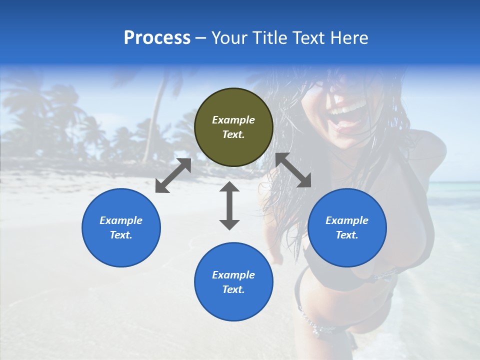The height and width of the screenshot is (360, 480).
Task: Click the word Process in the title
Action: coord(157,38)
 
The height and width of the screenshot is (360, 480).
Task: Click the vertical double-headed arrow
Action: coord(229,205)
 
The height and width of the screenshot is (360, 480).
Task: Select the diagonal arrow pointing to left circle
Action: coord(173,175)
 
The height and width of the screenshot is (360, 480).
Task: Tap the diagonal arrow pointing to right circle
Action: coord(293,170)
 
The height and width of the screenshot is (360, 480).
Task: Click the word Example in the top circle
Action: coord(233,120)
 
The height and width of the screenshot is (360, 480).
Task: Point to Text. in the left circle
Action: coord(121,235)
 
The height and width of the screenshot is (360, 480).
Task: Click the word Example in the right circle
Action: coord(347,220)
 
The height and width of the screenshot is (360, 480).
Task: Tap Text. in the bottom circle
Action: coord(233,289)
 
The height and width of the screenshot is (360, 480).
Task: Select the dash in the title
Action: coord(200,38)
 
